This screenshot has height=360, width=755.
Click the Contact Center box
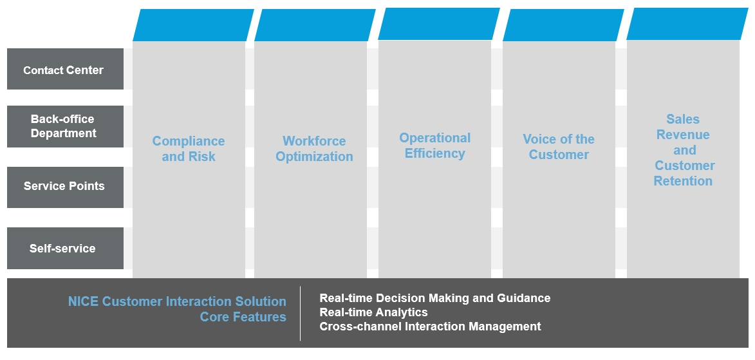tap(65, 69)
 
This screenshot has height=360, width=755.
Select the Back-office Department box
tap(65, 126)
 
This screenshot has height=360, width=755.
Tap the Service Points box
tap(65, 187)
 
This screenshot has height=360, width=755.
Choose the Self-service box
tap(65, 248)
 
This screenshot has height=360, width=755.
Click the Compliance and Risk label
tap(189, 149)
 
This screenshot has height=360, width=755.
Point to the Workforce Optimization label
tap(314, 149)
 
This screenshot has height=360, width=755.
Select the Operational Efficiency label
tap(435, 146)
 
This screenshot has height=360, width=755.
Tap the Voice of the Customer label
tap(559, 147)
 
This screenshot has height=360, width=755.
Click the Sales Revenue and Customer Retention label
tap(684, 150)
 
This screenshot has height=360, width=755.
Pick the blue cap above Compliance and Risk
tap(193, 25)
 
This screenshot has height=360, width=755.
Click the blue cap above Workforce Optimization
tap(315, 25)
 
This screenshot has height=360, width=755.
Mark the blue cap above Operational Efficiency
tap(439, 24)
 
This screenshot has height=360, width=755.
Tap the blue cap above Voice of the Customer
tap(563, 25)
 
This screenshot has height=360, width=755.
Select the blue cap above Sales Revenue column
tap(687, 24)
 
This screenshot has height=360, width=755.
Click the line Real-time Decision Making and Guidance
tap(435, 298)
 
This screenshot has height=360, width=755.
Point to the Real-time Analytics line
tap(374, 312)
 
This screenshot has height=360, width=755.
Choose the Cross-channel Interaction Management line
tap(430, 327)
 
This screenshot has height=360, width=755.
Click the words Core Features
tap(243, 317)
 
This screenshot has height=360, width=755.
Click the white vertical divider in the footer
tap(300, 313)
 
